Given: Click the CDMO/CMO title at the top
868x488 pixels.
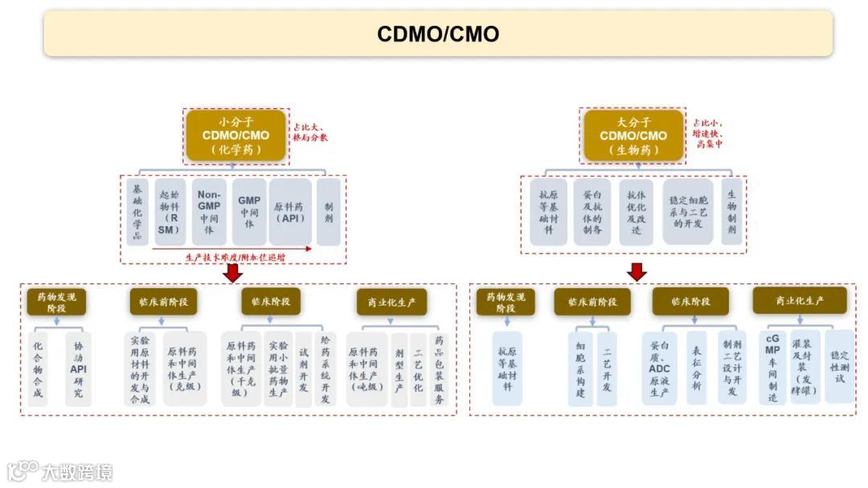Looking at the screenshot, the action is click(x=438, y=34).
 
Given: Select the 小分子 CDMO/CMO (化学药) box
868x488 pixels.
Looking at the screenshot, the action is click(x=236, y=135).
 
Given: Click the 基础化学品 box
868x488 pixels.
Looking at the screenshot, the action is click(x=137, y=211).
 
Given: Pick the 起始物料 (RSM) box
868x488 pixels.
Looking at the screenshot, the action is click(x=169, y=211).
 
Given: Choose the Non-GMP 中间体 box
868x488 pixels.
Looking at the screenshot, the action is click(x=208, y=211).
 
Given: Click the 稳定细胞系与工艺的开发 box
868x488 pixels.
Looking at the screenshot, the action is click(x=687, y=211).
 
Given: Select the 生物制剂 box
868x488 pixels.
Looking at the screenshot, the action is click(x=731, y=211).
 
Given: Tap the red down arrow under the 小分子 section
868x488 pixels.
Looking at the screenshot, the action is click(x=233, y=273).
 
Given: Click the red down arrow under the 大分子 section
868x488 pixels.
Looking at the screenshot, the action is click(x=637, y=273).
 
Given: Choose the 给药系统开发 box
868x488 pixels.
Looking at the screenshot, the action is click(x=325, y=368).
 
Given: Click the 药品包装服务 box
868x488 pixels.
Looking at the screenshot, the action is click(x=440, y=368).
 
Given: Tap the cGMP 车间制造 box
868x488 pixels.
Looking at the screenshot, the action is click(x=772, y=368).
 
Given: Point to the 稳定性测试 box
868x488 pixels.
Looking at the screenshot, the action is click(x=839, y=365).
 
